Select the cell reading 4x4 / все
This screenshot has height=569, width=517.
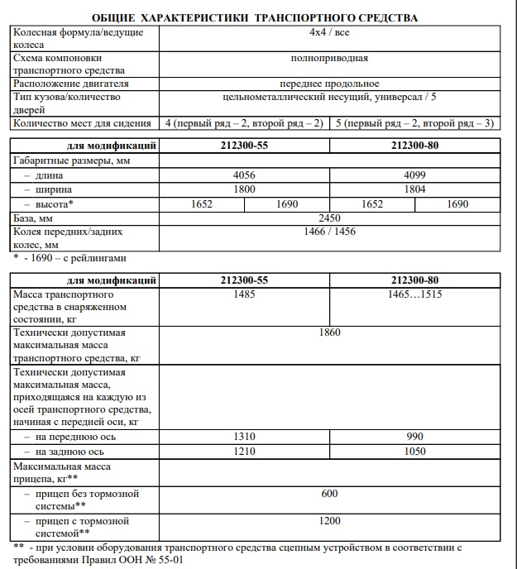tap(329, 32)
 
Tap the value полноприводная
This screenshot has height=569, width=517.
tap(329, 59)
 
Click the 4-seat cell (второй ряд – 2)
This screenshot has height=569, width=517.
tap(243, 123)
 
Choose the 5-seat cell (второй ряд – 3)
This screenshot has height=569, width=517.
tap(414, 123)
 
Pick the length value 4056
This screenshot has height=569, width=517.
tap(243, 175)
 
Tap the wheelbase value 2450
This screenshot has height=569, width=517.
tap(329, 217)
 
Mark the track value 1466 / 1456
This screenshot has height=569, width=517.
tap(329, 232)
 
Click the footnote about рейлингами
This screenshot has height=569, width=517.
tap(70, 257)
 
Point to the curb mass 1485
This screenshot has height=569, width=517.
tap(243, 294)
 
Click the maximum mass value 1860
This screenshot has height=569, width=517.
tap(329, 332)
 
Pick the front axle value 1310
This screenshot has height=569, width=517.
tap(243, 437)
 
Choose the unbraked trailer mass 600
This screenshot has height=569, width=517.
tap(329, 493)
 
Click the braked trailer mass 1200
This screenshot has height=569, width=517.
tap(329, 521)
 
